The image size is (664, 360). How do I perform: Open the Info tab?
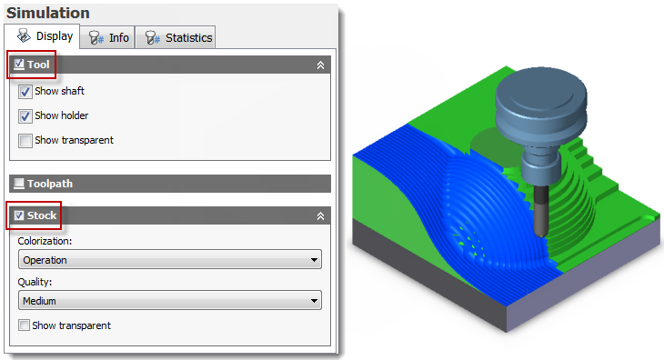107,37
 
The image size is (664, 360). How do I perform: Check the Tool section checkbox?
19,65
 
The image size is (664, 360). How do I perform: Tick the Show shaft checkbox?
25,92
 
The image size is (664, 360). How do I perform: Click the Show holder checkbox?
25,116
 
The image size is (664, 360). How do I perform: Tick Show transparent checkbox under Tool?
25,140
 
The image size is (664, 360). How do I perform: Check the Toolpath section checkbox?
19,184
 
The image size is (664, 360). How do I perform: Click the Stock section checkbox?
19,215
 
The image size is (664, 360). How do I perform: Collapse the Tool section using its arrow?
320,65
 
